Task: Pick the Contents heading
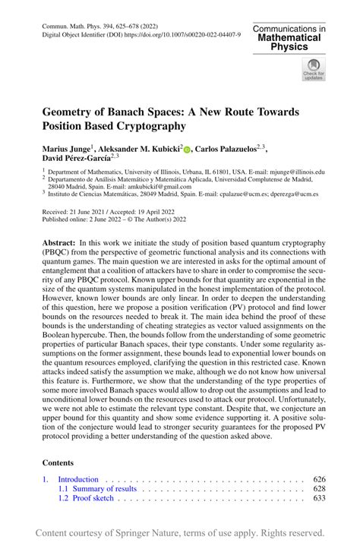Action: click(57, 462)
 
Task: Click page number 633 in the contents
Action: click(318, 499)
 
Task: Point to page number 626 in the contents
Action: click(318, 479)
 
